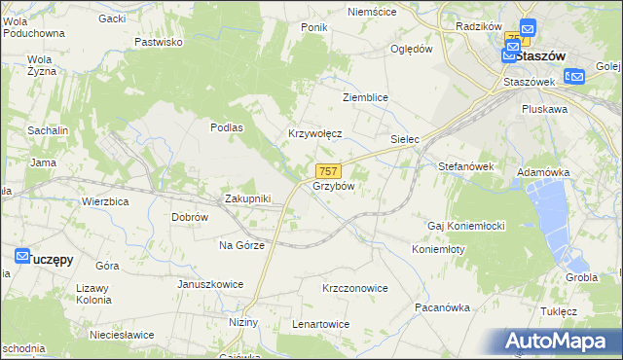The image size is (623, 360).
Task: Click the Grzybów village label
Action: tap(333, 185)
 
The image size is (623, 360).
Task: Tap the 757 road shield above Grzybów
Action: tap(327, 170)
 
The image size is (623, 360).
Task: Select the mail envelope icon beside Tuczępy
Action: tap(23, 255)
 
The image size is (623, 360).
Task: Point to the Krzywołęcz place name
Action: tap(314, 134)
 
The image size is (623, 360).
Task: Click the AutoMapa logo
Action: tap(558, 342)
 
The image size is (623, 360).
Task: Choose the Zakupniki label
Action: tap(247, 198)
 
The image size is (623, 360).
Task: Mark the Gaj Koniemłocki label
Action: tap(465, 226)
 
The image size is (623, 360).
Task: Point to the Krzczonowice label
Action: tap(355, 288)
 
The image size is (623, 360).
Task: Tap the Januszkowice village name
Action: tap(209, 284)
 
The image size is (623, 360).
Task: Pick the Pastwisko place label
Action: tap(159, 42)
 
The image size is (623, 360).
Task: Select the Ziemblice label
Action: tap(366, 98)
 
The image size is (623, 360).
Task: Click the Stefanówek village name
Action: tap(466, 166)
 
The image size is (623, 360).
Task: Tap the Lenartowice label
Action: tap(320, 323)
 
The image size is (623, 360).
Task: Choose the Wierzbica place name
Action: tap(106, 201)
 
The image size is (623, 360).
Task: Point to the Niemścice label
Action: tap(373, 12)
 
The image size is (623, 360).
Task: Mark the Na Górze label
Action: tap(241, 245)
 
